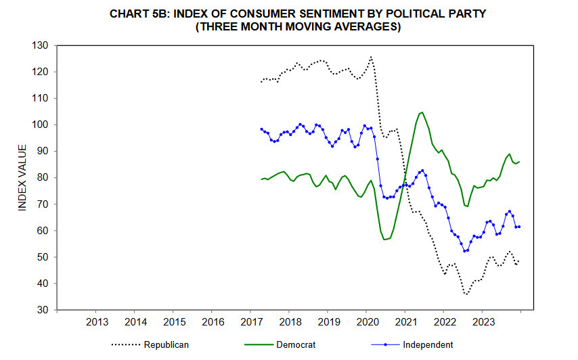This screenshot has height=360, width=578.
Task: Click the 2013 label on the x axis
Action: (97, 321)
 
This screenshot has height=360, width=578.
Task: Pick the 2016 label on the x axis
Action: (213, 321)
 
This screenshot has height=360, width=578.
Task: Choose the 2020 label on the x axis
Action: (367, 321)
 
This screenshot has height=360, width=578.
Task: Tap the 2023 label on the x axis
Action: (483, 321)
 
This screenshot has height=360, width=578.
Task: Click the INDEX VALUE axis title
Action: (22, 177)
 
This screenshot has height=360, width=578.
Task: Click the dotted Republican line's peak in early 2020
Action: (371, 57)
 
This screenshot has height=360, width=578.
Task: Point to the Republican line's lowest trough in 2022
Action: (466, 294)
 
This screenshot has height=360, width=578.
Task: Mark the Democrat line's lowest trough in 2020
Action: (384, 240)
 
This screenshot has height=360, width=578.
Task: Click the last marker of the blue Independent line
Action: (518, 227)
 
